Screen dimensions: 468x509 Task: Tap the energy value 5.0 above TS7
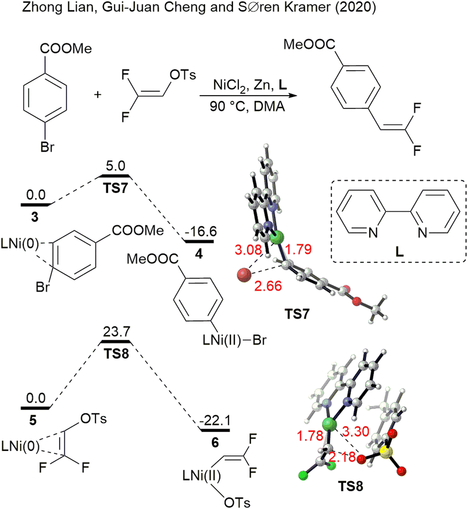pyautogui.click(x=116, y=166)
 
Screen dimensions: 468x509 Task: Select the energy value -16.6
pyautogui.click(x=201, y=232)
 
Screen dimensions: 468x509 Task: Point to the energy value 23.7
pyautogui.click(x=117, y=332)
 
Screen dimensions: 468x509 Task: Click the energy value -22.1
pyautogui.click(x=215, y=421)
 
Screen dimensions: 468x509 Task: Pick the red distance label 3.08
pyautogui.click(x=248, y=250)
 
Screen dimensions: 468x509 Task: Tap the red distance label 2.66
pyautogui.click(x=268, y=286)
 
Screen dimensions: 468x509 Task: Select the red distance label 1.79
pyautogui.click(x=298, y=249)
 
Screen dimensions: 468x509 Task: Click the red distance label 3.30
pyautogui.click(x=356, y=431)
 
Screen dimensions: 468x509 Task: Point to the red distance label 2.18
pyautogui.click(x=342, y=457)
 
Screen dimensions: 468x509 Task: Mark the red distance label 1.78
pyautogui.click(x=310, y=436)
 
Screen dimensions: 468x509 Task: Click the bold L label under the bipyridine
pyautogui.click(x=399, y=252)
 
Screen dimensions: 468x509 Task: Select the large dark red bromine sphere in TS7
pyautogui.click(x=244, y=275)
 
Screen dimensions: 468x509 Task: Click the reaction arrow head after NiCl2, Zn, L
pyautogui.click(x=293, y=95)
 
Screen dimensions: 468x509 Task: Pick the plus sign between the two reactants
pyautogui.click(x=97, y=95)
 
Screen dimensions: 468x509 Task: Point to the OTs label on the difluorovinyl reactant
pyautogui.click(x=183, y=75)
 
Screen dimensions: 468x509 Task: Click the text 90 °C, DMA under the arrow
pyautogui.click(x=247, y=106)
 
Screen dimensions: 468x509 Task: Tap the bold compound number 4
pyautogui.click(x=199, y=254)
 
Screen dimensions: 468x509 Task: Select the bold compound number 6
pyautogui.click(x=215, y=443)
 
